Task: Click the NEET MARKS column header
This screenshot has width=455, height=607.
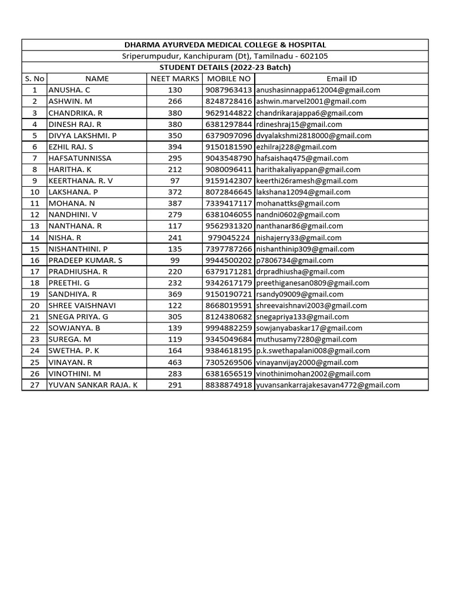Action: coord(175,79)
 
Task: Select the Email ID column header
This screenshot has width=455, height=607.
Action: coord(341,79)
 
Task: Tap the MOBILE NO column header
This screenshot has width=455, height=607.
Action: coord(228,79)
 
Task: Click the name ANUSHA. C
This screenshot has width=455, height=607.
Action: coord(69,90)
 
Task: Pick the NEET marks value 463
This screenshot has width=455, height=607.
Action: coord(175,362)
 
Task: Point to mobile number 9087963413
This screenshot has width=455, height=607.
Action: coord(228,90)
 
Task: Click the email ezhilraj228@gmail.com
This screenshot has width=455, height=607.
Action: coord(296,147)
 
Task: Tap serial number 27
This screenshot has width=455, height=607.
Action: coord(34,385)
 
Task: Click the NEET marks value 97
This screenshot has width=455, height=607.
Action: coord(175,181)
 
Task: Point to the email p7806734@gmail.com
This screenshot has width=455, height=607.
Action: coord(294,260)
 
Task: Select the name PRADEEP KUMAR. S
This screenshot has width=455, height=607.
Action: coord(85,260)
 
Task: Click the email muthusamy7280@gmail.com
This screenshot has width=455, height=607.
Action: coord(306,340)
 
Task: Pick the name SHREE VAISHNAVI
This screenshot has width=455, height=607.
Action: coord(82,305)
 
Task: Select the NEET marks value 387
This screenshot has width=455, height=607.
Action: coord(175,203)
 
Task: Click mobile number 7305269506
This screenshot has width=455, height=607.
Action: coord(228,362)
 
